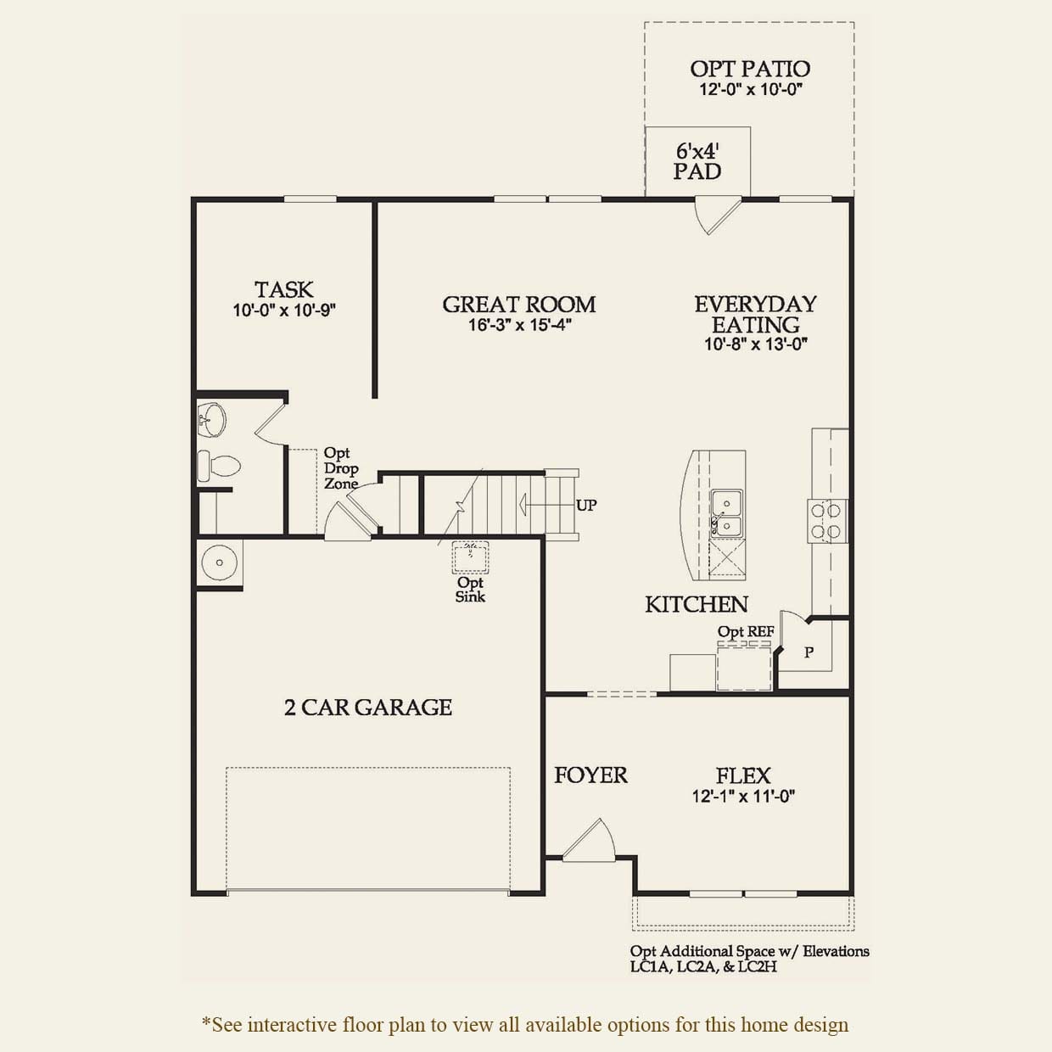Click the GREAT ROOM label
point(518,305)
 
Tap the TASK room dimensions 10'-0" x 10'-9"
point(284,311)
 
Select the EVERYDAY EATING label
point(755,314)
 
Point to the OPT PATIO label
point(750,69)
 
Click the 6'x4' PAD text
point(697,161)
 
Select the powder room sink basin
point(212,418)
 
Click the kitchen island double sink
point(726,514)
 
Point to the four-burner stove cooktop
point(825,521)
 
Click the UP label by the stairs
point(586,506)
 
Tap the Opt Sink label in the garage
point(470,590)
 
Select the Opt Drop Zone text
point(341,468)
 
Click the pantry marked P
point(809,652)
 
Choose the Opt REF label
point(746,632)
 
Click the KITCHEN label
point(697,604)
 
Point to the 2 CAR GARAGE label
point(367,708)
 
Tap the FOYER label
point(590,775)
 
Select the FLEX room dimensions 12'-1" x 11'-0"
point(743,797)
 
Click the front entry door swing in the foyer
point(590,841)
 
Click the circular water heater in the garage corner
point(218,562)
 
